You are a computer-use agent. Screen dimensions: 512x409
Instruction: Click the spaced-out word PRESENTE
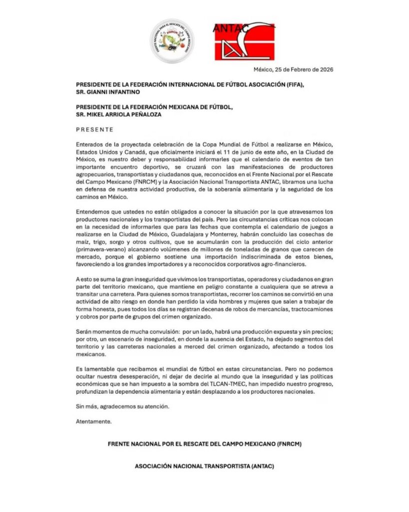pyautogui.click(x=95, y=129)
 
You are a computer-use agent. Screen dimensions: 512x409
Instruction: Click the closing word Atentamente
pyautogui.click(x=94, y=421)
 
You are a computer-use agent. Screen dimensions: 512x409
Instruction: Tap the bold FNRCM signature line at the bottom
pyautogui.click(x=205, y=444)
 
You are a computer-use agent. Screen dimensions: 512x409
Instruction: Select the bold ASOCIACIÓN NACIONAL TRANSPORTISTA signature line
pyautogui.click(x=205, y=466)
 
